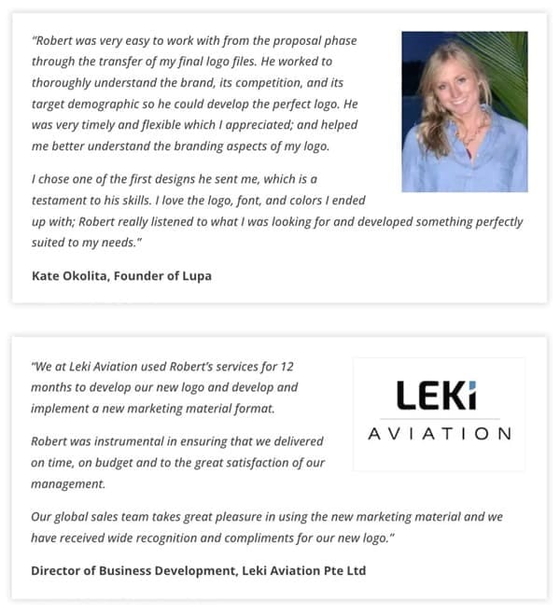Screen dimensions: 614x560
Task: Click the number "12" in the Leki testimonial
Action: click(287, 367)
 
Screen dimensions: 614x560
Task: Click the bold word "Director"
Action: click(58, 569)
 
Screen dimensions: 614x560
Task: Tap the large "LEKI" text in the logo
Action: click(436, 396)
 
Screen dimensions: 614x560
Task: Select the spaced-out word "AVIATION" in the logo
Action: click(439, 434)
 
